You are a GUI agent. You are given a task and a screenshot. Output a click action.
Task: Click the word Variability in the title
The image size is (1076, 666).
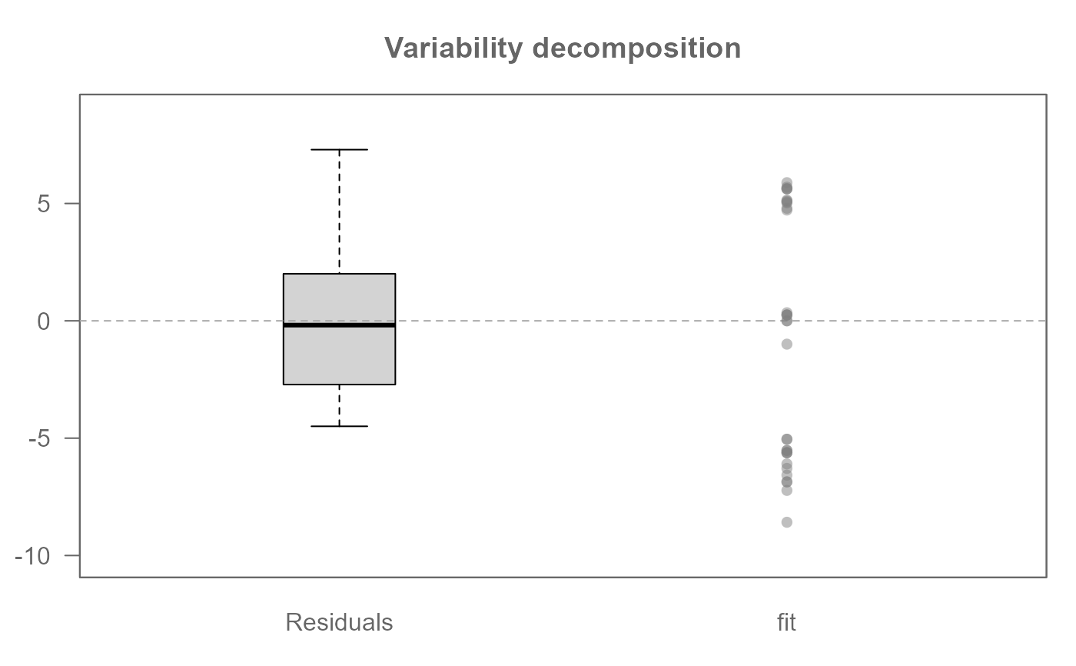pos(453,48)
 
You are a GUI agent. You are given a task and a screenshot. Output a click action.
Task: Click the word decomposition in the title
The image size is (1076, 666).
pos(636,48)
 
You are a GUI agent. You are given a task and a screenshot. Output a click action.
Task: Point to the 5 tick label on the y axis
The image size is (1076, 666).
pos(43,204)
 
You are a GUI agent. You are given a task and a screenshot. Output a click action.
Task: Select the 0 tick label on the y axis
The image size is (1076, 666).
pos(43,321)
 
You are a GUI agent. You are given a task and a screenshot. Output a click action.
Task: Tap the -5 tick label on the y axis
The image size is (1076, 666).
pos(39,438)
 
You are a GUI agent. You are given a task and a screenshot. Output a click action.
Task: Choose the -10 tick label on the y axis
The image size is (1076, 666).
pos(32,556)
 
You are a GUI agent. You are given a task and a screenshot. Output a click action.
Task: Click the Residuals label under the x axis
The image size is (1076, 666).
pos(339,622)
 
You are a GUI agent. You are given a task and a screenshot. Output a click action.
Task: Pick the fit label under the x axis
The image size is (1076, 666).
pos(786,622)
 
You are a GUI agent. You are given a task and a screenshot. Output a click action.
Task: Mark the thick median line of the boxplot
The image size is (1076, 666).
pos(339,325)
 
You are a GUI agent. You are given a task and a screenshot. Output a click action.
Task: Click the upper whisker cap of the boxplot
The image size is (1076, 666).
pos(339,149)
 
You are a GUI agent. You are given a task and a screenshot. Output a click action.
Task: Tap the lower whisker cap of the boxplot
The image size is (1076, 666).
pos(339,426)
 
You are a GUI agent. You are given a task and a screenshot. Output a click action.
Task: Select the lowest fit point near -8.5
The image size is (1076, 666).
pos(787,522)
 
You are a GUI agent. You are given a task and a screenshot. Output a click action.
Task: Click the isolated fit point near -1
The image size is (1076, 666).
pos(787,344)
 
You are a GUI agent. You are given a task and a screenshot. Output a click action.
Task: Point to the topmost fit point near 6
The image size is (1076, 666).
pos(787,183)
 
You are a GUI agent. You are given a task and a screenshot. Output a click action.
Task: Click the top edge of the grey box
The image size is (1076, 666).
pos(339,274)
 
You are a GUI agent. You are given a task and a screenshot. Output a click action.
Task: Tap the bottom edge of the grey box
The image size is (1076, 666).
pos(339,385)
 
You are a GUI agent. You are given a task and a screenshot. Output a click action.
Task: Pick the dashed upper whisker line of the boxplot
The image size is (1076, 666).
pos(339,211)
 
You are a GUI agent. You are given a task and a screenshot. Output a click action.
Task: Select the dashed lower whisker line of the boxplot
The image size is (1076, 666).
pos(339,405)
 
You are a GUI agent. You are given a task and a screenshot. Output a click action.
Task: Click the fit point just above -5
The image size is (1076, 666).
pos(787,439)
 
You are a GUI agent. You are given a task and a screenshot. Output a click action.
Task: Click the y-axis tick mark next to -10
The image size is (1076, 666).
pos(72,555)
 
